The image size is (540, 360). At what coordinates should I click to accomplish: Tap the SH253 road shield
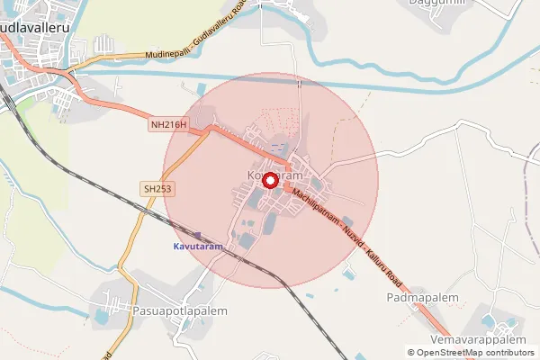pos(156,188)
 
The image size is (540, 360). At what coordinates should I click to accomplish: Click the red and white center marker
pos(270,180)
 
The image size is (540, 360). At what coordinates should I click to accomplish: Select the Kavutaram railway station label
pos(197,246)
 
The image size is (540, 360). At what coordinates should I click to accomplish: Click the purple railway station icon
pos(198,235)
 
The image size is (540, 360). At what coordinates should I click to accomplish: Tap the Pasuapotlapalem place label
pos(171,310)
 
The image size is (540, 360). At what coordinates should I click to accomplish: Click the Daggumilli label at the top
pos(437,4)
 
